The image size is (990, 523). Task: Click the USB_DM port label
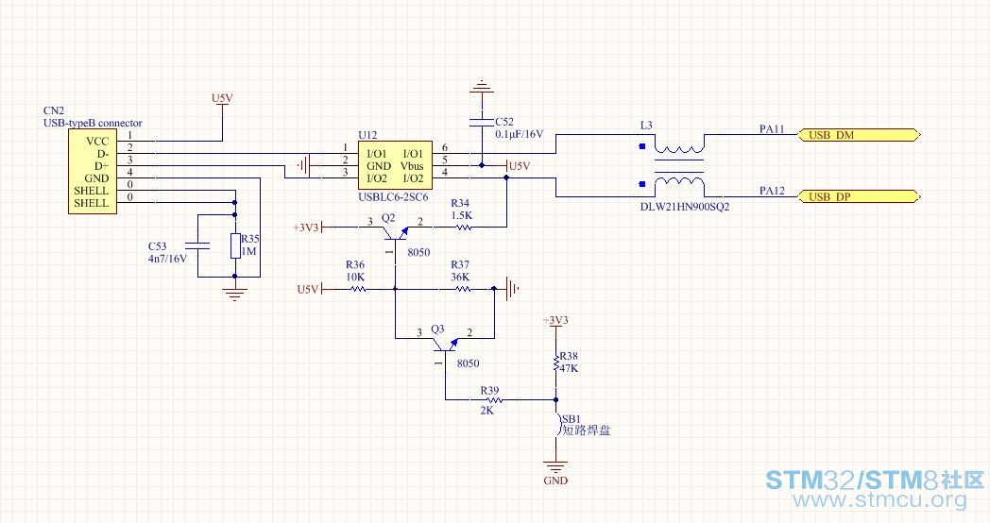pos(859,135)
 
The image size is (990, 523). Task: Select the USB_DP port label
pos(859,197)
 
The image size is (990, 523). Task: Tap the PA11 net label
pos(772,128)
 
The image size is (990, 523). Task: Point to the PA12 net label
pos(772,191)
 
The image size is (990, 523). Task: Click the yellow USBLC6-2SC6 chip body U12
pos(395,165)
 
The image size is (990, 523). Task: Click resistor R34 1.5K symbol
pos(464,228)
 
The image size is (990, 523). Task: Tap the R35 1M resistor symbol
pos(235,245)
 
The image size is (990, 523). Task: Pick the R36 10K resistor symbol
pos(358,289)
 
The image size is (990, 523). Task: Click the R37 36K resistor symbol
pos(464,289)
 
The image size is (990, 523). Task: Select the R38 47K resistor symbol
pos(556,363)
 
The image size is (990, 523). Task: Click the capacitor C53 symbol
pos(197,245)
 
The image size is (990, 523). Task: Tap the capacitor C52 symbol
pos(482,122)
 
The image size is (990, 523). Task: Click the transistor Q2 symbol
pos(395,237)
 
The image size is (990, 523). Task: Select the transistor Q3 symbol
pos(445,348)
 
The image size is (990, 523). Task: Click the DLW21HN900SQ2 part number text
pos(685,207)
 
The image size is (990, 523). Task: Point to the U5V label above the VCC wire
pos(222,98)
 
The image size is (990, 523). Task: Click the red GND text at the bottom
pos(555,481)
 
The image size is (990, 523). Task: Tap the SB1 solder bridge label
pos(571,419)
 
